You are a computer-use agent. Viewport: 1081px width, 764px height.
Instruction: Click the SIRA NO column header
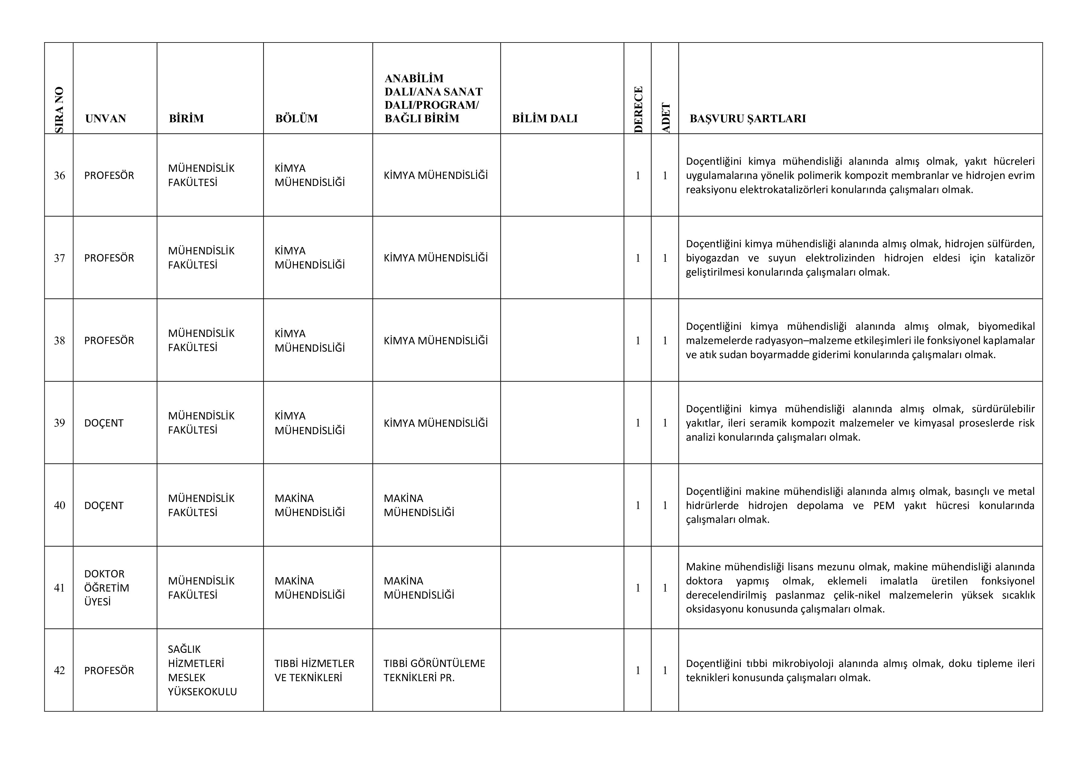click(59, 110)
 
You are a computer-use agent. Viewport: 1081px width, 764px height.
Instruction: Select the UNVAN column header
click(105, 119)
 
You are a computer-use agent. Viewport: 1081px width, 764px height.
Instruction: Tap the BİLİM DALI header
click(545, 119)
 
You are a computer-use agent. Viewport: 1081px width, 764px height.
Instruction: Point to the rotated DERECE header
click(638, 110)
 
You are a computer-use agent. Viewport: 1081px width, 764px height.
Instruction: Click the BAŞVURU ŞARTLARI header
click(748, 119)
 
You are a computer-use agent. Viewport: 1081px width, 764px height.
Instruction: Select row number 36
click(59, 176)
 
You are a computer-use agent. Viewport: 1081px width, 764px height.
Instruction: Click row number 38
click(59, 341)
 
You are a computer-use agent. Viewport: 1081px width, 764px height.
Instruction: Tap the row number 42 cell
click(59, 670)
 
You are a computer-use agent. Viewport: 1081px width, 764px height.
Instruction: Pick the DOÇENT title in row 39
click(104, 423)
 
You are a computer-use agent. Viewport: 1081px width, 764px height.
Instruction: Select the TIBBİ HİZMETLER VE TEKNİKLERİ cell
click(314, 670)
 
